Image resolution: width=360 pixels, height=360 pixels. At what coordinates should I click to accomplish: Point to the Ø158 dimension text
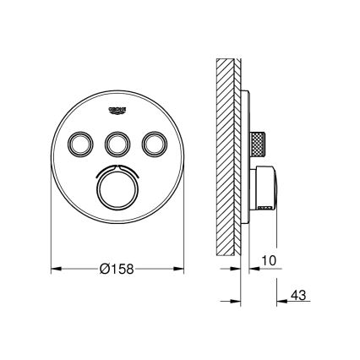tap(117, 269)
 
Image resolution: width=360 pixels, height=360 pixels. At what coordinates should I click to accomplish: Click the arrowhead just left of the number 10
tap(251, 270)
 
